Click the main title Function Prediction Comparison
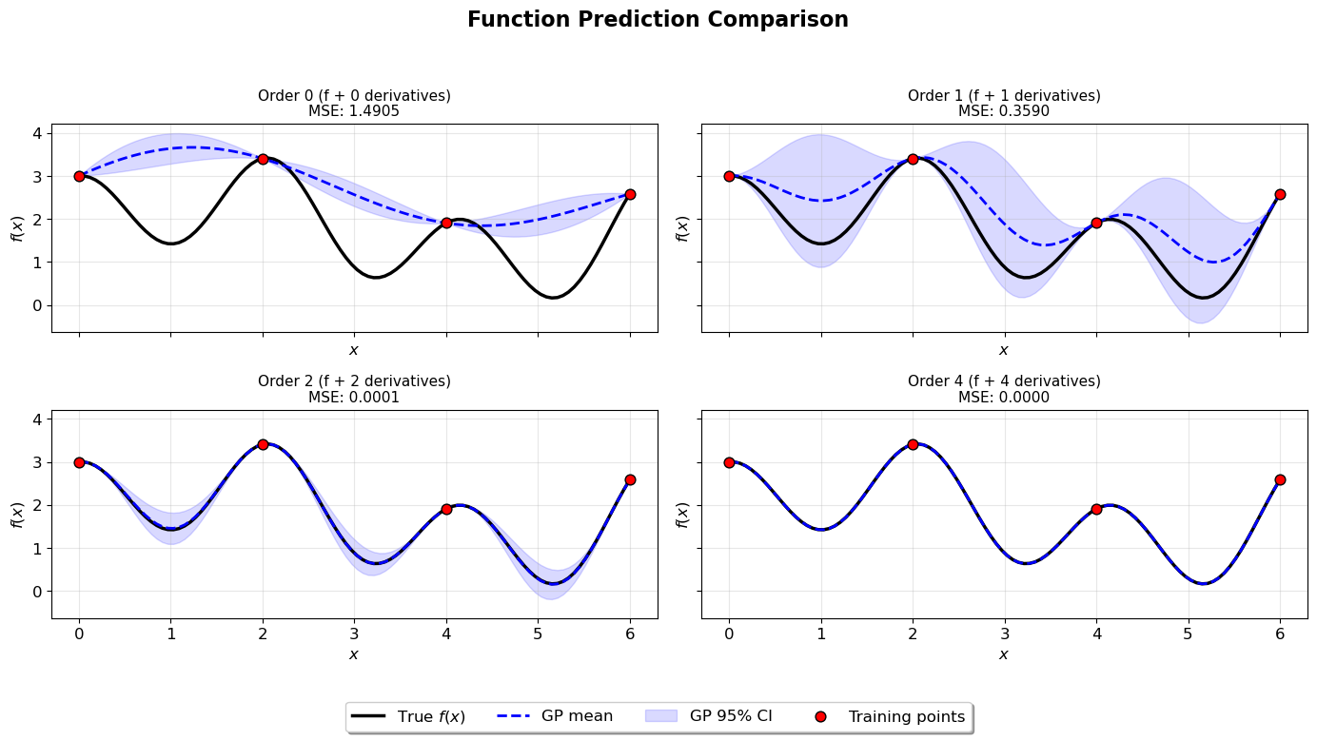click(x=658, y=20)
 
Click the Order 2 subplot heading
click(x=354, y=381)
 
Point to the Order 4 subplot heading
click(x=1004, y=381)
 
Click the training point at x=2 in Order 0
click(x=263, y=159)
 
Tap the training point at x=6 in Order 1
click(x=1280, y=194)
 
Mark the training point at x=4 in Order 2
click(x=446, y=509)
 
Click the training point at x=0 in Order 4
click(x=729, y=462)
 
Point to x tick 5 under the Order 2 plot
click(x=538, y=634)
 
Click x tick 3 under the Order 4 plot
click(x=1004, y=634)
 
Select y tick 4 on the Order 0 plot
click(x=38, y=133)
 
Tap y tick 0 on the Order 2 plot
click(x=38, y=592)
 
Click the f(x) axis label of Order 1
click(x=681, y=228)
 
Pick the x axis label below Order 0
click(x=354, y=350)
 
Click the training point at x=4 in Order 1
click(x=1096, y=223)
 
